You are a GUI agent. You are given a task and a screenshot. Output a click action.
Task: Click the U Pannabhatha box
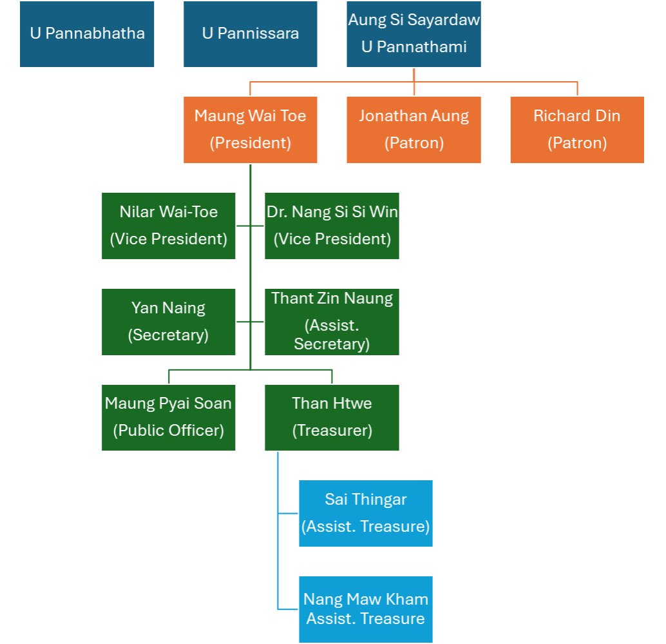[x=87, y=34]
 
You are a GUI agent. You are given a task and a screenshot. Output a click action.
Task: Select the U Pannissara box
[x=251, y=34]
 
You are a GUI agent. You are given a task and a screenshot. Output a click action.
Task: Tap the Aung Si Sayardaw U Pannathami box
[x=414, y=34]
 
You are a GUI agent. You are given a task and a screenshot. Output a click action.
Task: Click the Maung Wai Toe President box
[x=251, y=130]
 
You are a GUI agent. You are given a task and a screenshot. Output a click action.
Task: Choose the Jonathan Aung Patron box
[x=414, y=130]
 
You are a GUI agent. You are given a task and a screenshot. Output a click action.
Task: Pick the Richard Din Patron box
[x=577, y=130]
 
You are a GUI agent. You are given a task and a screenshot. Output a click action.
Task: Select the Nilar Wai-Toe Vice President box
[x=169, y=226]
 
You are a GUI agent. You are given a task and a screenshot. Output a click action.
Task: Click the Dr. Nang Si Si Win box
[x=332, y=226]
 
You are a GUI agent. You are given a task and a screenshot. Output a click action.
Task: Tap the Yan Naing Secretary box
[x=169, y=322]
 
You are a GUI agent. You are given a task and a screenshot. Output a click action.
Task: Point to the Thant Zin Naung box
[x=332, y=322]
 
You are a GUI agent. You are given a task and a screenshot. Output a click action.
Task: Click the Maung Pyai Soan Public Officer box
[x=169, y=418]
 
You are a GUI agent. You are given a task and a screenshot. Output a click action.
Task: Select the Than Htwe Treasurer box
[x=332, y=418]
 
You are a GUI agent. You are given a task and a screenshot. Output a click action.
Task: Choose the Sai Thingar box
[x=366, y=513]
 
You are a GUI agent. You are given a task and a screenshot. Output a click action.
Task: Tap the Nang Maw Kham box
[x=366, y=609]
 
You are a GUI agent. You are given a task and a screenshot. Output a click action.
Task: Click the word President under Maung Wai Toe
[x=251, y=143]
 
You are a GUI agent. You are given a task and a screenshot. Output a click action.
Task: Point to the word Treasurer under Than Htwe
[x=332, y=431]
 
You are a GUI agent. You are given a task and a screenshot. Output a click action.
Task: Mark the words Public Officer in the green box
[x=169, y=431]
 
